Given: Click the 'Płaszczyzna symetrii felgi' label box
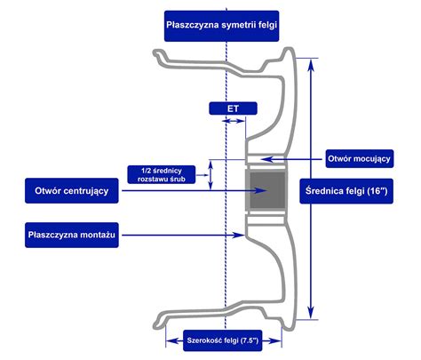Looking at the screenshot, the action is click(221, 26).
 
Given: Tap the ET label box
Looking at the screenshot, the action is click(233, 108).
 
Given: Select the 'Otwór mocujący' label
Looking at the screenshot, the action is click(360, 158).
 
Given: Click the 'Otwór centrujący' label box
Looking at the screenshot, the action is click(72, 190).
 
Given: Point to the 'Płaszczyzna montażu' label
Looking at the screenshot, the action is click(72, 235).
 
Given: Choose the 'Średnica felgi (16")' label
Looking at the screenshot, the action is click(346, 191).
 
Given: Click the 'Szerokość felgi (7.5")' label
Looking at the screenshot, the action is click(223, 340).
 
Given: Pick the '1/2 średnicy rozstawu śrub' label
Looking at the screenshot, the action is click(162, 174).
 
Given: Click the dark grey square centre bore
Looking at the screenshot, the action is click(267, 190).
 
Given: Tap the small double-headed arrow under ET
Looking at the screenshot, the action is click(234, 121).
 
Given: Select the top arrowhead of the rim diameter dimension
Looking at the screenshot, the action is click(311, 66).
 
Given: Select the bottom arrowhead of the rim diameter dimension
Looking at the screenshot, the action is click(311, 311).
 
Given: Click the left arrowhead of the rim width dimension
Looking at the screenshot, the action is click(172, 341).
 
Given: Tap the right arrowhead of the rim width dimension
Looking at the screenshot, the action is click(275, 341).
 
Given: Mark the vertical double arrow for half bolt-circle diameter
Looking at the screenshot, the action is click(210, 175).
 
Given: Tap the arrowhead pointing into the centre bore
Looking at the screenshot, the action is click(261, 190).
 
